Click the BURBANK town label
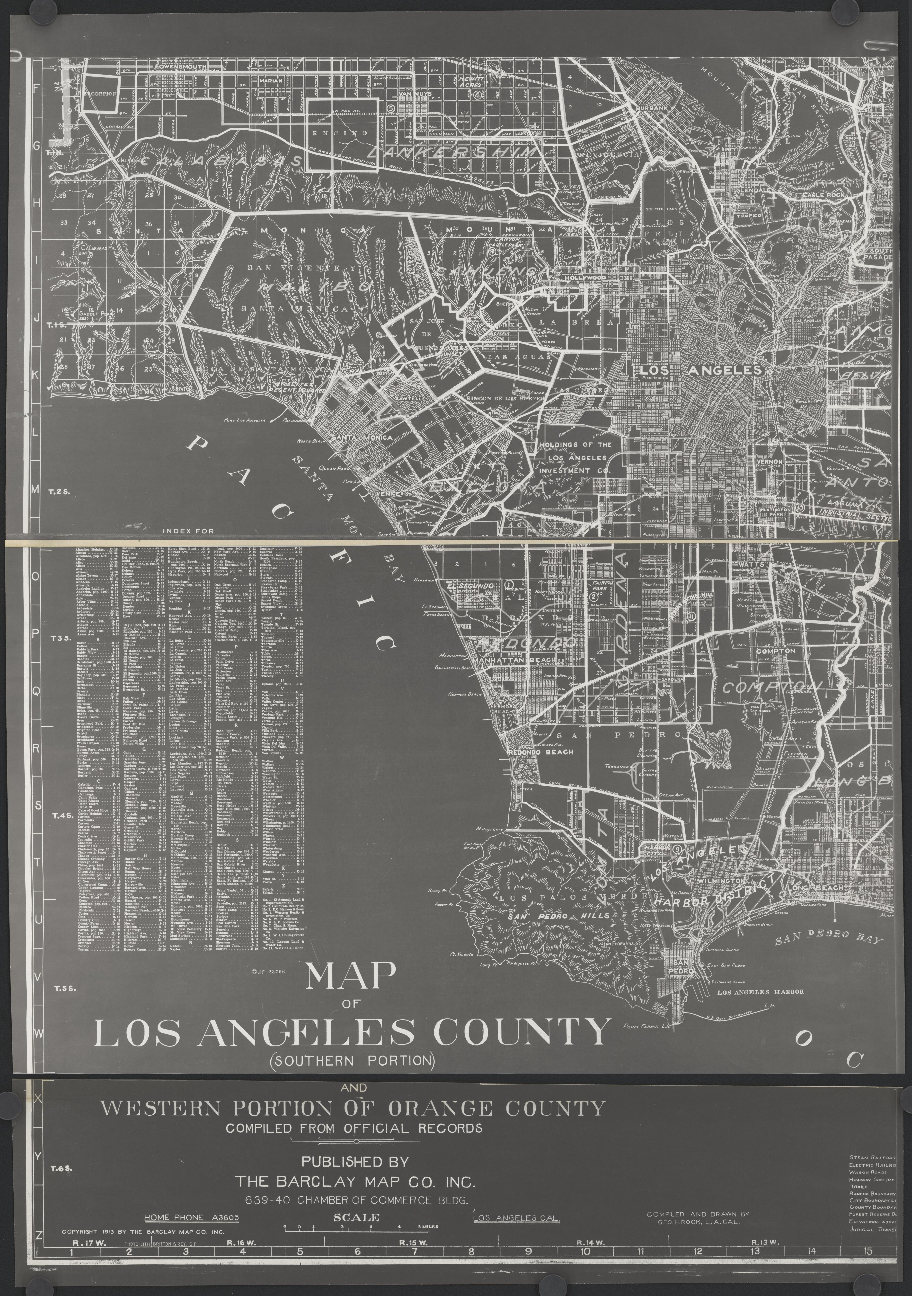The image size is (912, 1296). [x=651, y=108]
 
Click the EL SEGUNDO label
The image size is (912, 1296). [x=470, y=586]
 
